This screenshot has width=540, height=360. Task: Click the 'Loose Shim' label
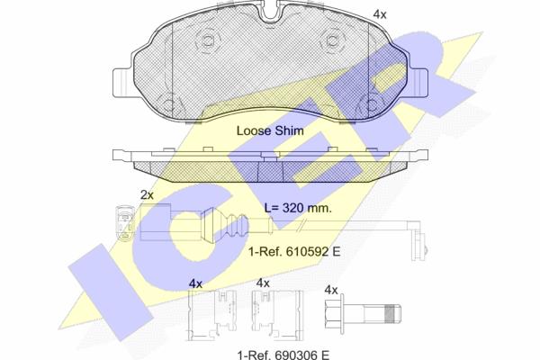[270, 130]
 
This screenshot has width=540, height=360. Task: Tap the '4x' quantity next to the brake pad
[380, 14]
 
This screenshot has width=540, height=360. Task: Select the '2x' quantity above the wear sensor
[147, 195]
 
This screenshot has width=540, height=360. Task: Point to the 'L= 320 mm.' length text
[298, 208]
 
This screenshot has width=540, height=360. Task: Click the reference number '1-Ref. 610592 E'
[294, 251]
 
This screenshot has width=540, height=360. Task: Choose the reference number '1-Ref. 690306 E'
[283, 355]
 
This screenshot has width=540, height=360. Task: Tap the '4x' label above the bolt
[331, 290]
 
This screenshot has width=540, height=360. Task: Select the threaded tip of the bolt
[392, 314]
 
